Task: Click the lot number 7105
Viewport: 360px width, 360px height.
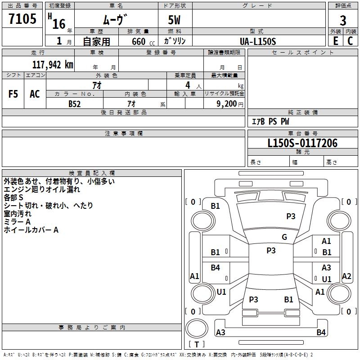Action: pos(22,19)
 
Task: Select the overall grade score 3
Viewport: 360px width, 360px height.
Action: pos(343,20)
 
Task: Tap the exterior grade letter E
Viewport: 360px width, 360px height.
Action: pos(335,40)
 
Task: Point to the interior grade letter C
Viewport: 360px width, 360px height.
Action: pos(351,40)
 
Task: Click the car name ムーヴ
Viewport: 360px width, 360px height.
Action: pos(115,19)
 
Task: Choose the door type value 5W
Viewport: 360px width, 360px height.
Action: pos(175,20)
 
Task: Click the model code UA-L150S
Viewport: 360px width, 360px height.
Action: pos(258,41)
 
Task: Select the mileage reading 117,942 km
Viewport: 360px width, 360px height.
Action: pos(53,64)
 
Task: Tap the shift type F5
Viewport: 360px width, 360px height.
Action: pos(13,94)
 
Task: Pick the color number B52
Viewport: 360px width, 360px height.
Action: pos(75,103)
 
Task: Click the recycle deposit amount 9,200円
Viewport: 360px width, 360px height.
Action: pos(229,103)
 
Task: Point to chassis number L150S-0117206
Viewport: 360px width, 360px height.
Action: pos(302,143)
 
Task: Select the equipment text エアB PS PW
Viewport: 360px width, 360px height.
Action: pos(270,121)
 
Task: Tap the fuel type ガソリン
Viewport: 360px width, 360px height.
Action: pos(175,41)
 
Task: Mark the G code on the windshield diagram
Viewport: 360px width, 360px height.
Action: pos(284,237)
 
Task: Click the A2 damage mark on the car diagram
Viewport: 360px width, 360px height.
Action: pos(346,276)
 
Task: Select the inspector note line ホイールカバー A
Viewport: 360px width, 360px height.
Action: pos(31,230)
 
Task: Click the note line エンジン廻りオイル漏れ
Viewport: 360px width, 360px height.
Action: pos(42,189)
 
